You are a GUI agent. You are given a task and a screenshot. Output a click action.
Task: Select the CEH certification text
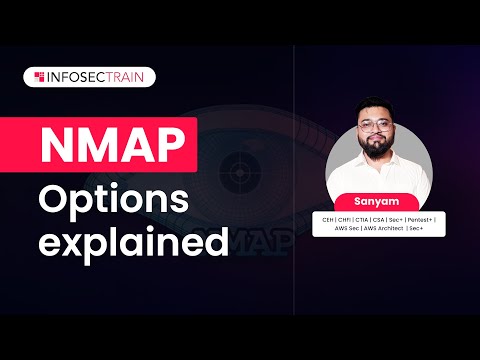[x=327, y=220]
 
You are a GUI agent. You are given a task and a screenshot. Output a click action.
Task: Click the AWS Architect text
[x=383, y=228]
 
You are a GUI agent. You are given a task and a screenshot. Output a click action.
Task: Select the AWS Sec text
[x=346, y=228]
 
